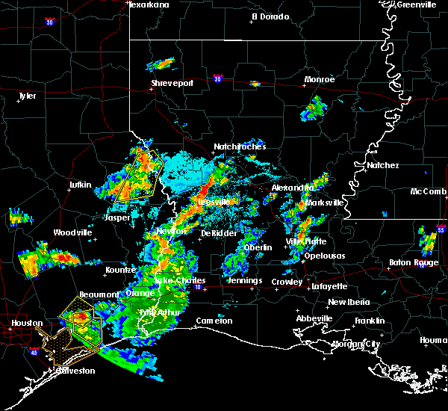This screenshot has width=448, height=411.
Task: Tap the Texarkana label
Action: point(149,4)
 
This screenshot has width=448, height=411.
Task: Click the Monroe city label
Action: point(320,79)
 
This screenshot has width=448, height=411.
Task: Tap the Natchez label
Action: point(383,165)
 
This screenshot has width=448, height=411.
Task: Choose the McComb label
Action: point(429,191)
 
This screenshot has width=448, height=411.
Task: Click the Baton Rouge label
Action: point(414,262)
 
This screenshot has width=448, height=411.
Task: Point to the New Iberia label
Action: point(348,302)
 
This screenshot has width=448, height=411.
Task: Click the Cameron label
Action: point(214,321)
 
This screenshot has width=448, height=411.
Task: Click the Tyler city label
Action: point(27,96)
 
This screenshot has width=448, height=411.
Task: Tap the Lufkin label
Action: point(79,185)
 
